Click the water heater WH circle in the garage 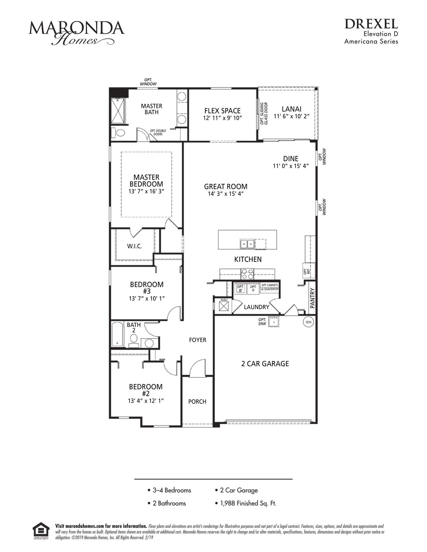(308, 322)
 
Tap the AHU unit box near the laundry (224, 306)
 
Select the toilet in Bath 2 (134, 340)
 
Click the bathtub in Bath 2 (117, 334)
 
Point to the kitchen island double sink (247, 244)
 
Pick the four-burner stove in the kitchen (247, 274)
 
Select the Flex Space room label (222, 111)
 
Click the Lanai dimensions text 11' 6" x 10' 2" (292, 116)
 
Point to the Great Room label (226, 186)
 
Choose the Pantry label (312, 298)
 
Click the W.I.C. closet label (134, 246)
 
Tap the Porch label (197, 402)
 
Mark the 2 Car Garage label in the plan (265, 364)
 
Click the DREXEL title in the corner (371, 24)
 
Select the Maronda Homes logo (77, 33)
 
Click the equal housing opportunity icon (41, 531)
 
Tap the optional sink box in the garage (274, 322)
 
